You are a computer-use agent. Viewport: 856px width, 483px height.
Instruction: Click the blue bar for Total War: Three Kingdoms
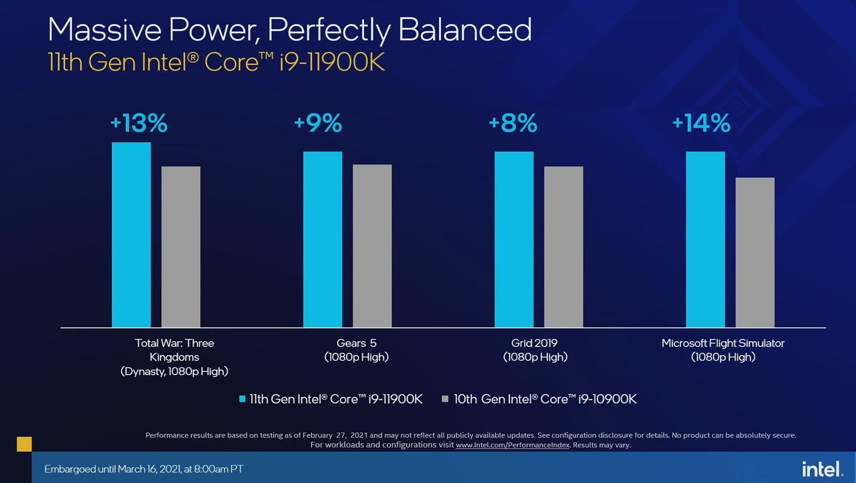click(x=131, y=235)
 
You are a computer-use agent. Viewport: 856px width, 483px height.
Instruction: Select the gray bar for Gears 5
click(x=372, y=246)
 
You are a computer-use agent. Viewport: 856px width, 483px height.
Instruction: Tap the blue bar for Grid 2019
click(x=514, y=239)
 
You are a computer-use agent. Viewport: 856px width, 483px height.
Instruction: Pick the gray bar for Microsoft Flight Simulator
click(x=755, y=252)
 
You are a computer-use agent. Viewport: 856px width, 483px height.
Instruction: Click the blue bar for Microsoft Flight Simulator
click(x=705, y=239)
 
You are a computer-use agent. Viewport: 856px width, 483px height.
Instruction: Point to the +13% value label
click(x=139, y=123)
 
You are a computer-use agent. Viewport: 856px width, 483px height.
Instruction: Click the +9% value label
click(x=318, y=123)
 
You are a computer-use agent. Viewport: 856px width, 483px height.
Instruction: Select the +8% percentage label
click(x=512, y=123)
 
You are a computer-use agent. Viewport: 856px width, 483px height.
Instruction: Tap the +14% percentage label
click(x=701, y=123)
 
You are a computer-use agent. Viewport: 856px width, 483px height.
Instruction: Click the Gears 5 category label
click(x=356, y=350)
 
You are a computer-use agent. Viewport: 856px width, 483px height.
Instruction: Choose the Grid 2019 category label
click(x=535, y=350)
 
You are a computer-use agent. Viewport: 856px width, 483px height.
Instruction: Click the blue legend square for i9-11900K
click(x=242, y=399)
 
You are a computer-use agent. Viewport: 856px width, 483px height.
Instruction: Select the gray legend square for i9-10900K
click(x=445, y=399)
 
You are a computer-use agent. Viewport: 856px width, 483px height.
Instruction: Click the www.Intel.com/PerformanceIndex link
click(x=512, y=445)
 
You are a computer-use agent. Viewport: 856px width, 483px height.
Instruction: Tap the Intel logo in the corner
click(x=822, y=469)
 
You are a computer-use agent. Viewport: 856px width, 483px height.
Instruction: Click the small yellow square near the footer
click(x=24, y=444)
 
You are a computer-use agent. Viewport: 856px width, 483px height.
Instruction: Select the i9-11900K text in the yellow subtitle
click(x=332, y=62)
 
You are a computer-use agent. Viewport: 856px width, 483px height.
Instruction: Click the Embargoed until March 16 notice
click(x=144, y=469)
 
